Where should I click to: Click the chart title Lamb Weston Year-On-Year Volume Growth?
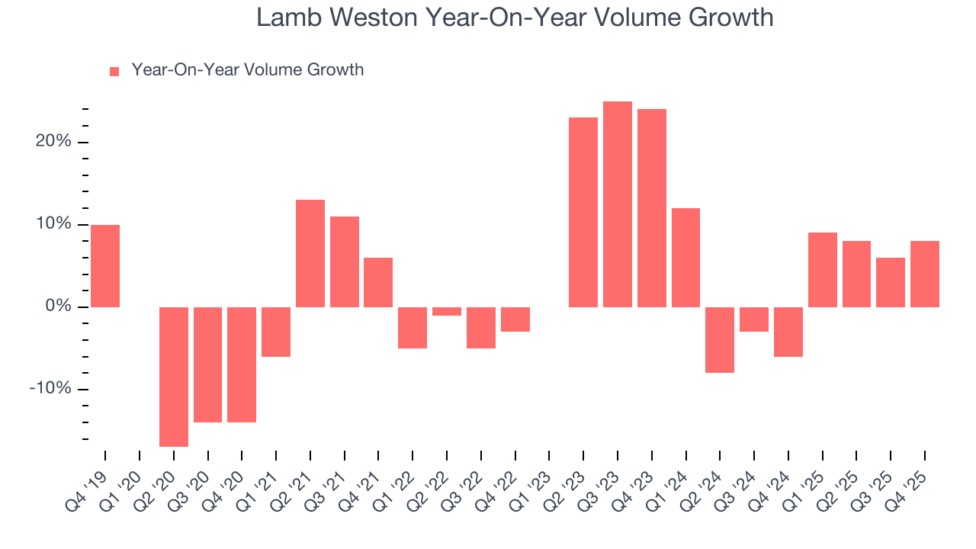pyautogui.click(x=515, y=18)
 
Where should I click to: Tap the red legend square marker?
pyautogui.click(x=114, y=72)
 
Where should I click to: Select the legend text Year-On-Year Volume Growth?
pyautogui.click(x=247, y=70)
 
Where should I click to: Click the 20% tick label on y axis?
pyautogui.click(x=53, y=142)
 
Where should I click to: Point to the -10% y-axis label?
pyautogui.click(x=50, y=389)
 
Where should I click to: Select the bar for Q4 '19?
pyautogui.click(x=105, y=266)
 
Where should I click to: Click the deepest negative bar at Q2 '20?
pyautogui.click(x=174, y=377)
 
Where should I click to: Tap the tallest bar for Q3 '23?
pyautogui.click(x=618, y=204)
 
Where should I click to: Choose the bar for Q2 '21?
pyautogui.click(x=310, y=253)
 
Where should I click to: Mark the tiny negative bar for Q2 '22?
pyautogui.click(x=447, y=311)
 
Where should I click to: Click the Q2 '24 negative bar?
pyautogui.click(x=720, y=339)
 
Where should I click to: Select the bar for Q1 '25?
pyautogui.click(x=823, y=270)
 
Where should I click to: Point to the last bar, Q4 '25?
pyautogui.click(x=925, y=274)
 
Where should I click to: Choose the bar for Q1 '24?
pyautogui.click(x=685, y=258)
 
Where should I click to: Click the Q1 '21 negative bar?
pyautogui.click(x=276, y=332)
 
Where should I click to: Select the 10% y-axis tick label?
pyautogui.click(x=53, y=224)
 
